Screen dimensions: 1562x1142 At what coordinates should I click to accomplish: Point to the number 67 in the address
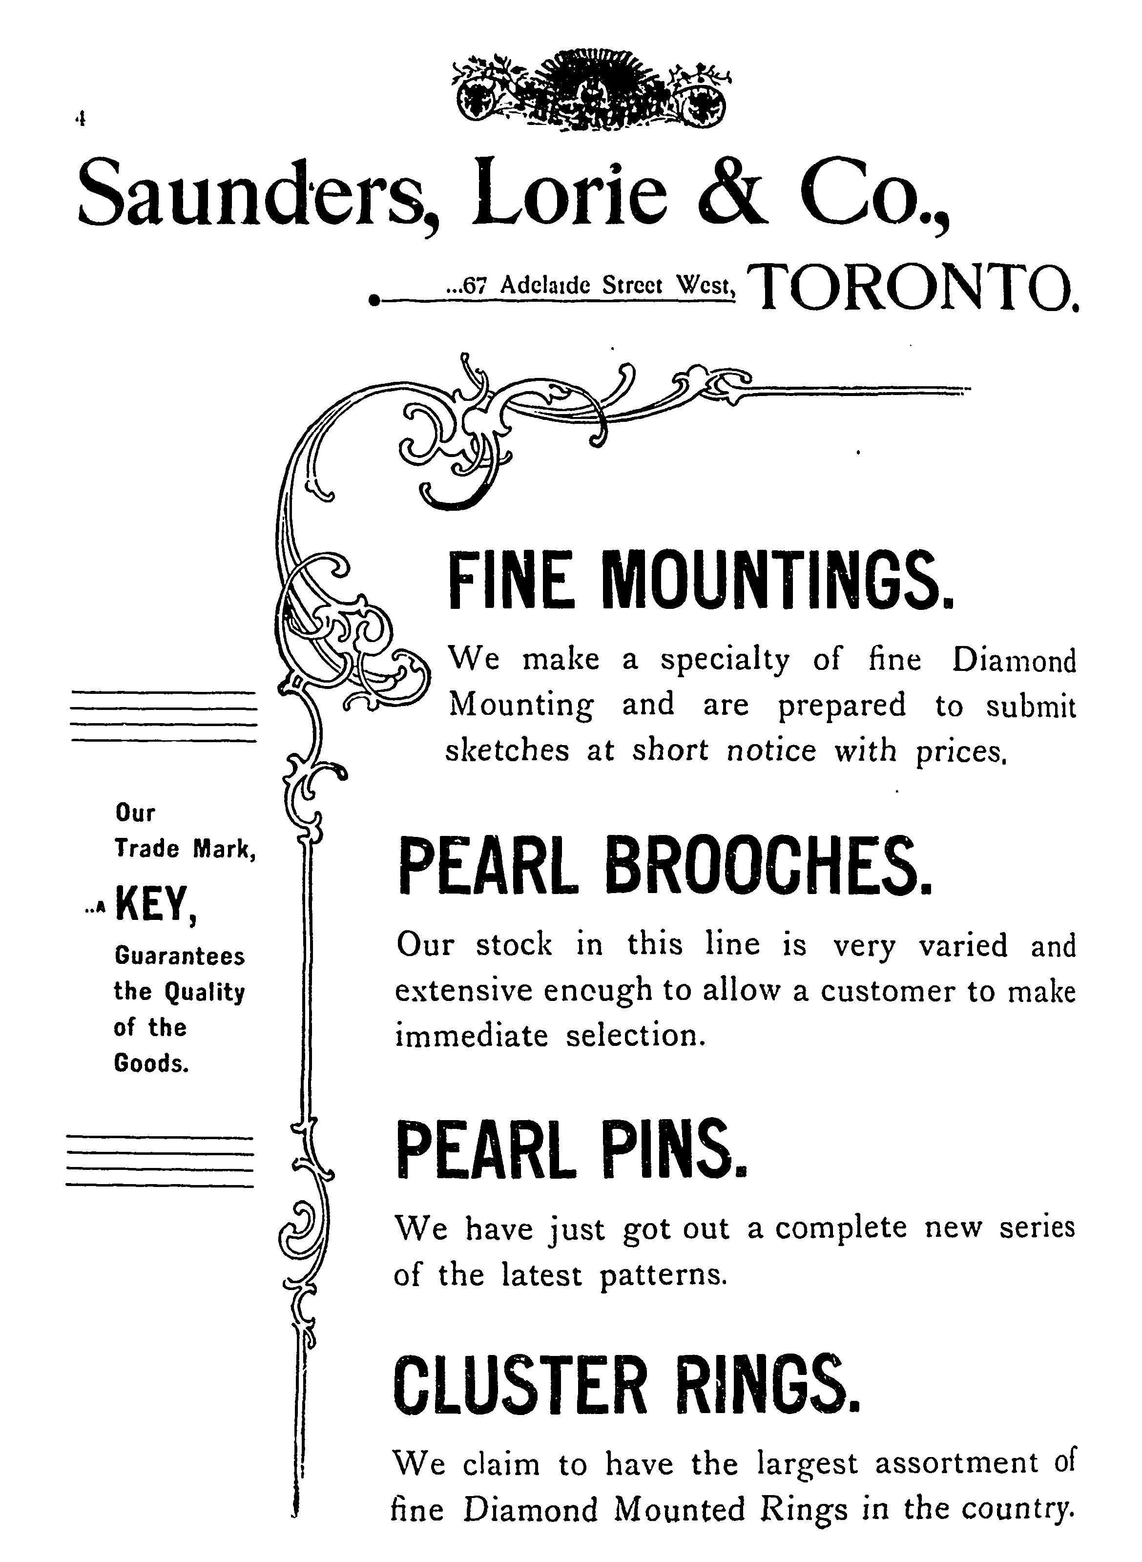click(x=474, y=285)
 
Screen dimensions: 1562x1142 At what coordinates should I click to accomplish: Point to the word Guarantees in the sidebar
click(x=179, y=957)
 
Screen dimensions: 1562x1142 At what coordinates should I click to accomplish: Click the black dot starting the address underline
click(x=374, y=301)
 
